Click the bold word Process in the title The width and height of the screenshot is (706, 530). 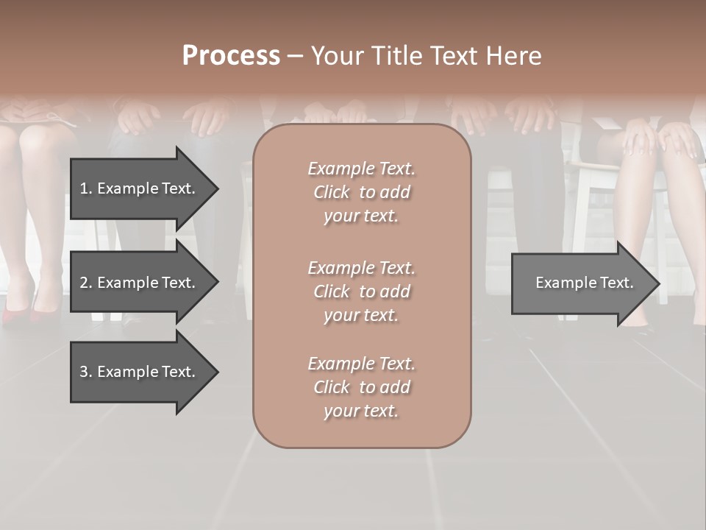coord(231,56)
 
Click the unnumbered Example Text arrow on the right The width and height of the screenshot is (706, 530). coord(583,283)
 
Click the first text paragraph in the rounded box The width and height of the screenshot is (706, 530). coord(361,192)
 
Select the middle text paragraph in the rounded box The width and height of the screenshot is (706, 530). coord(361,291)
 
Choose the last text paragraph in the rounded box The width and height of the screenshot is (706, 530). coord(361,387)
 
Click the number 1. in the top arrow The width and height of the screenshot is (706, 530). coord(86,188)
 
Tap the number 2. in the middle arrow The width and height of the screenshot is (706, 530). coord(86,283)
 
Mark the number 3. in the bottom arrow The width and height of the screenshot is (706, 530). coord(86,372)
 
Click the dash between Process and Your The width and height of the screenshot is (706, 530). coord(295,56)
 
